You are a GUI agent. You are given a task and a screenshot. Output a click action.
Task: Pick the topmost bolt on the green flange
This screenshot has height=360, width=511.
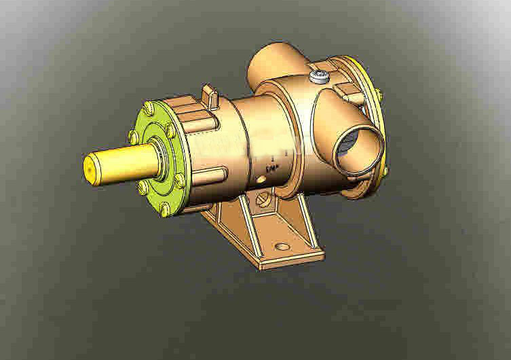[x=149, y=107]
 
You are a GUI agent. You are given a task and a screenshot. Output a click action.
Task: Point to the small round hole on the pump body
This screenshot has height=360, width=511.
[x=262, y=180]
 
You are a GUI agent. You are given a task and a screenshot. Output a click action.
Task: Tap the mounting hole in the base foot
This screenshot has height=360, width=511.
[x=282, y=247]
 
